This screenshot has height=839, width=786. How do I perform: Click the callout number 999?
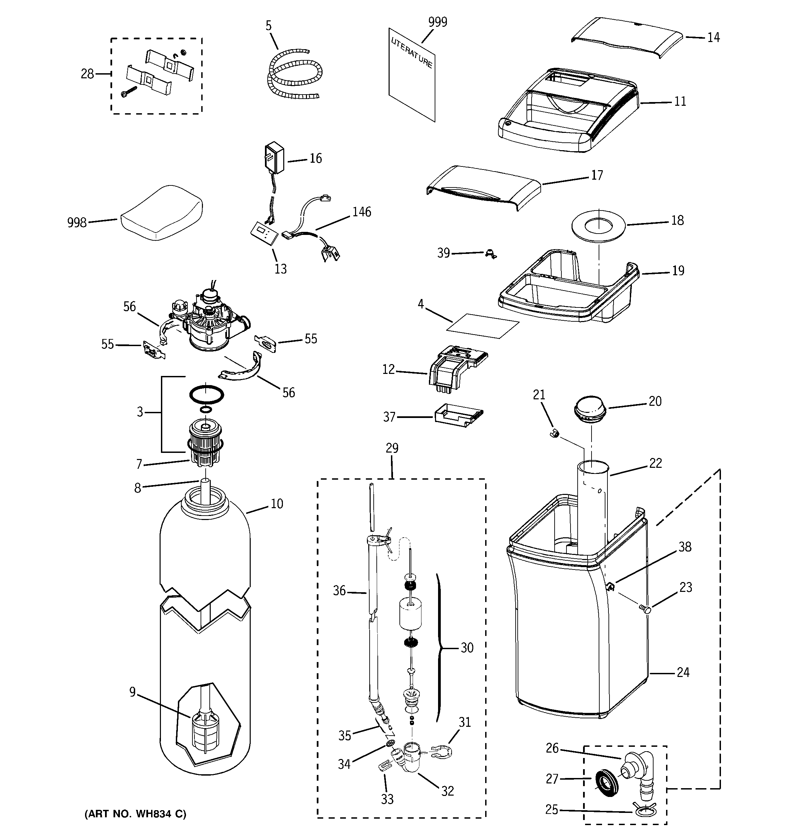[x=437, y=22]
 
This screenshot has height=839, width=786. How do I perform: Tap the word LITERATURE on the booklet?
[x=411, y=53]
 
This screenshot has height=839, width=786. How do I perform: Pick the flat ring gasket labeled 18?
[x=598, y=226]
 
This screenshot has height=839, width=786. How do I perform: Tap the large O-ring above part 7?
[x=206, y=395]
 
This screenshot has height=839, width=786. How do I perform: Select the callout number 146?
[x=361, y=212]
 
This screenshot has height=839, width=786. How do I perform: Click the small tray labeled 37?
[x=458, y=416]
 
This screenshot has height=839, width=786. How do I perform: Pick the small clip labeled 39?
[x=490, y=254]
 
